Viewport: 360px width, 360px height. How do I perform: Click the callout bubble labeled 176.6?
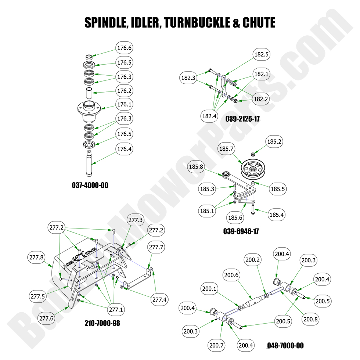pos(124,48)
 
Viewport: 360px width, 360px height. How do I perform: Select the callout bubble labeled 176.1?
pos(124,104)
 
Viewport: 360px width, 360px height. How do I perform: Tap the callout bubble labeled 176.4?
pos(124,149)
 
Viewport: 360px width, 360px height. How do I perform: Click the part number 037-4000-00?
pos(90,186)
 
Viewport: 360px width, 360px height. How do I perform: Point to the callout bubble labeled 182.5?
pos(262,54)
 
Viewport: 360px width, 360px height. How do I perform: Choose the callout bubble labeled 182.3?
pos(188,78)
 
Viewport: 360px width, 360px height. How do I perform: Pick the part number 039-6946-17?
pos(241,231)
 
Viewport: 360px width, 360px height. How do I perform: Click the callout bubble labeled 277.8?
pos(36,258)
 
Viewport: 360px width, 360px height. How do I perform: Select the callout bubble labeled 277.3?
pos(135,220)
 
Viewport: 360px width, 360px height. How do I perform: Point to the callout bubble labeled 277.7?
pos(156,247)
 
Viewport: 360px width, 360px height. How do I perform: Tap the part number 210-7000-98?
pos(102,324)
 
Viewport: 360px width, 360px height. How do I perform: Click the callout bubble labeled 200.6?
pos(231,275)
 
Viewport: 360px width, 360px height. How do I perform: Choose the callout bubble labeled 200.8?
pos(311,319)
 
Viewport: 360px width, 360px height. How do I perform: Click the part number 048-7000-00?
pos(285,346)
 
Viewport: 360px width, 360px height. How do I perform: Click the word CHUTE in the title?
pos(259,23)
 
